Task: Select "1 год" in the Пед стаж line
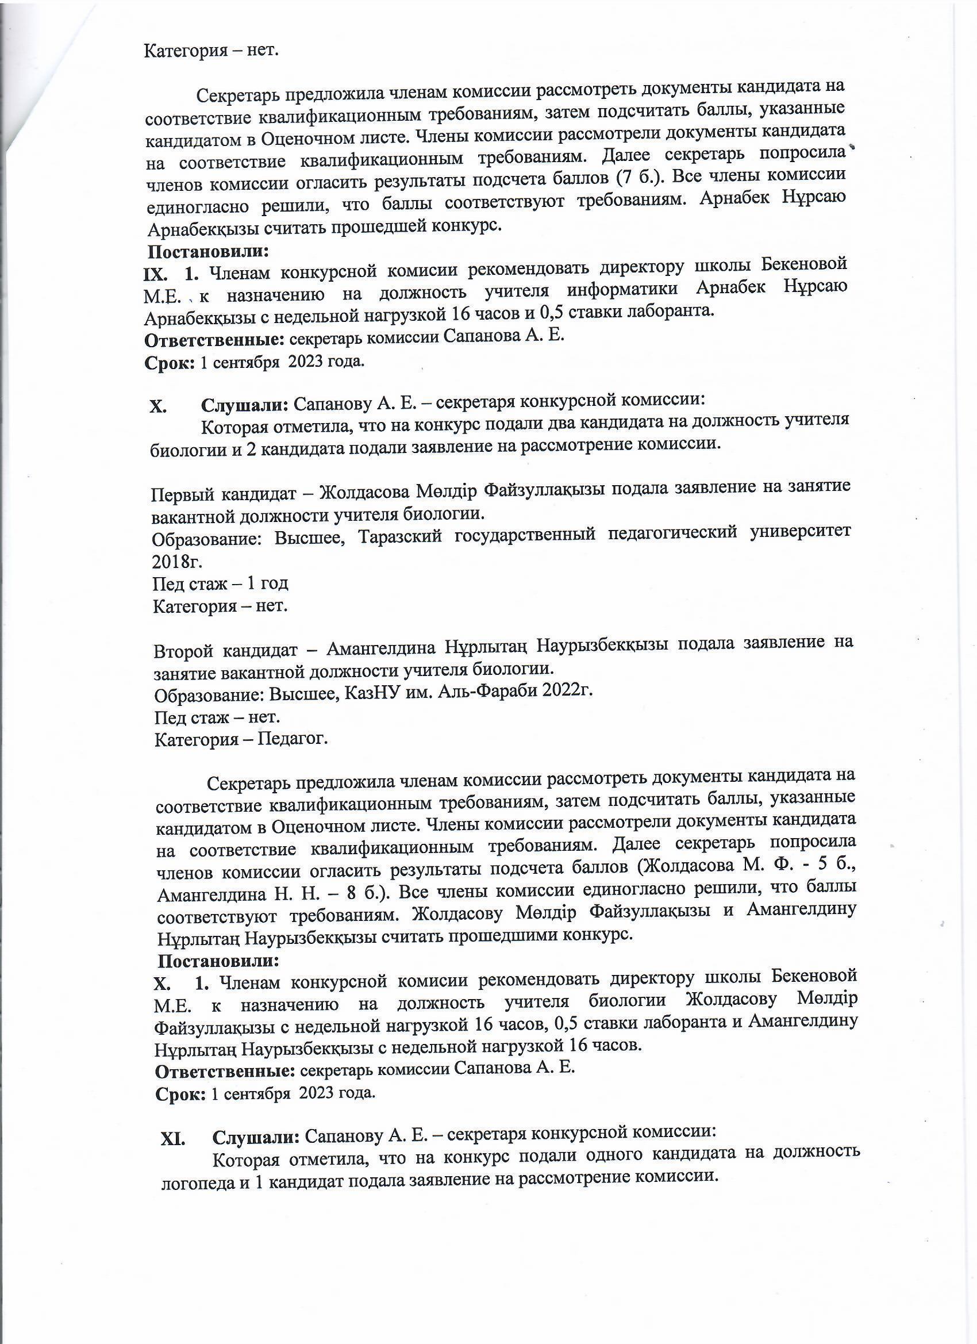pyautogui.click(x=267, y=583)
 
